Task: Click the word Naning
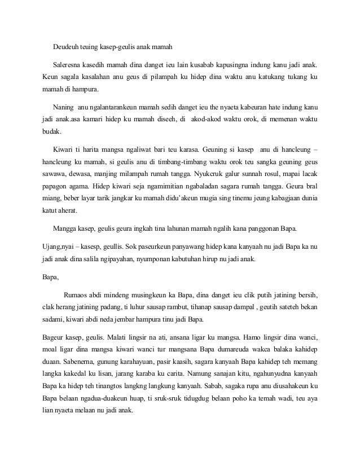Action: coord(63,107)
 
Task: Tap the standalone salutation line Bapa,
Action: coord(51,276)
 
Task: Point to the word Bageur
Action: coord(54,337)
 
